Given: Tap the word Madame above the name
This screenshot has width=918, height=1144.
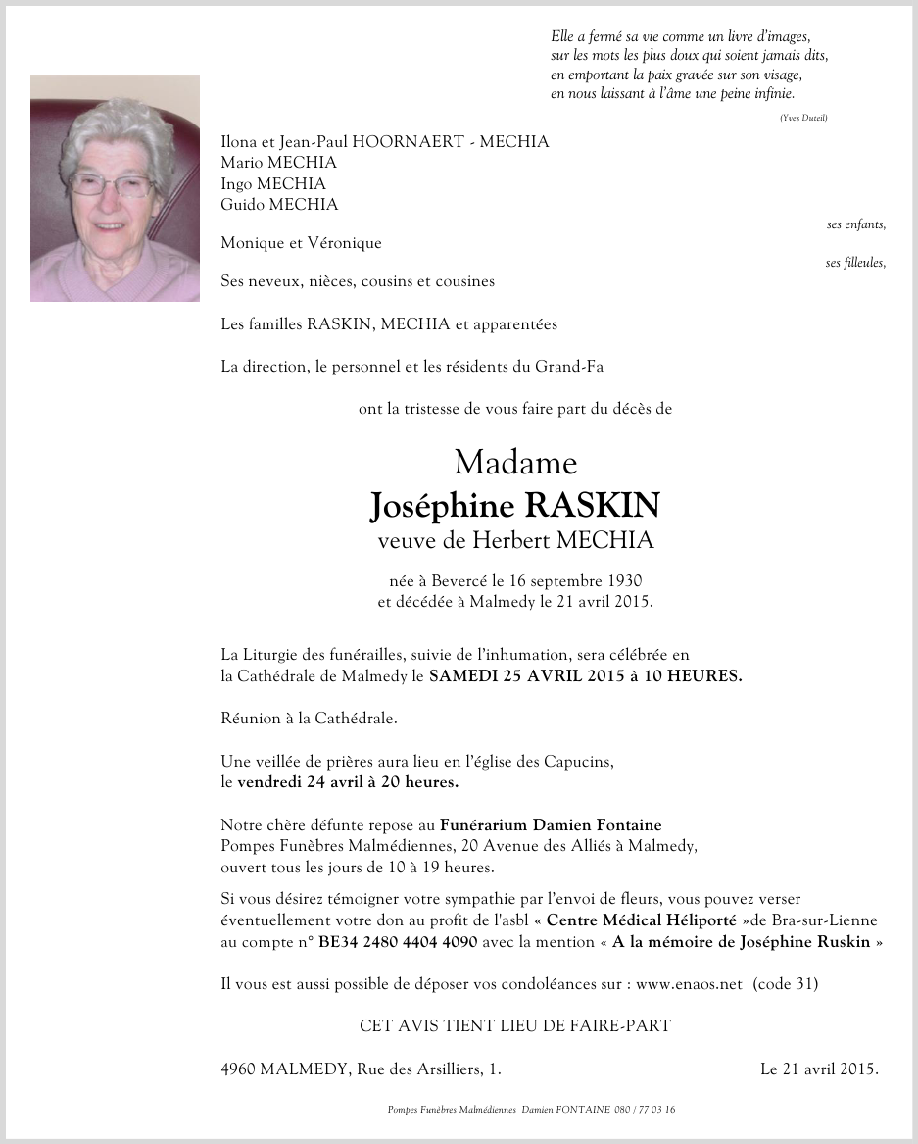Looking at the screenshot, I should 515,462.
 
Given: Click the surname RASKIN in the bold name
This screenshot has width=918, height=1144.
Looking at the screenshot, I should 593,506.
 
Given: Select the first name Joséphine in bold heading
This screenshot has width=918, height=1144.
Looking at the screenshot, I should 442,506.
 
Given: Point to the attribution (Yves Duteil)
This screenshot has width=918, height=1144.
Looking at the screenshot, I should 803,118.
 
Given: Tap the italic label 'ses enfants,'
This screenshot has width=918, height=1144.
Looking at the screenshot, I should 855,224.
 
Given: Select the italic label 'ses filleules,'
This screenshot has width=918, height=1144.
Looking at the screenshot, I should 855,263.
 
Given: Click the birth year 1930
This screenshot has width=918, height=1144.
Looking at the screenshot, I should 623,581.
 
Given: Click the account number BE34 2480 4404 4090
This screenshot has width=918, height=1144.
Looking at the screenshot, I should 398,942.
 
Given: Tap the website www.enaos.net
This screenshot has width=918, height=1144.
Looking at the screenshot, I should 689,984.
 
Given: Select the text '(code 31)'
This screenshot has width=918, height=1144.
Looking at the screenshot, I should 785,984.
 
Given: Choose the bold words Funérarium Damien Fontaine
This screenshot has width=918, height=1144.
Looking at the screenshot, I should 551,825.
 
